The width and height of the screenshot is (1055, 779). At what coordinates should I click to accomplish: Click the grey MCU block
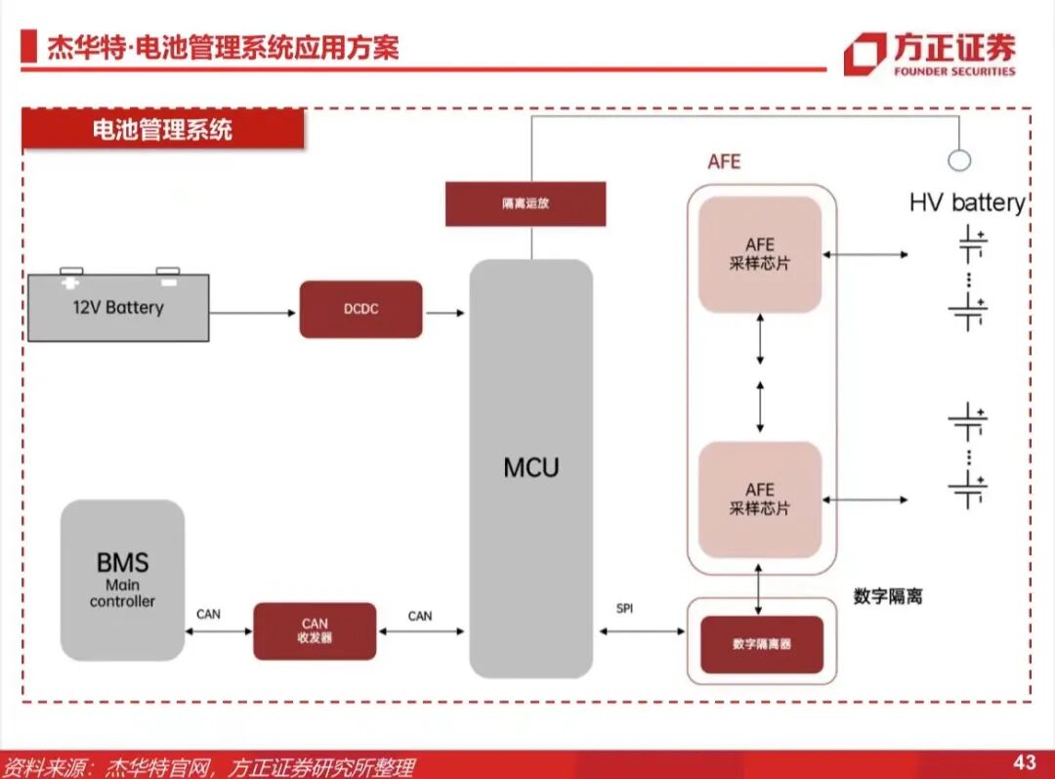[530, 469]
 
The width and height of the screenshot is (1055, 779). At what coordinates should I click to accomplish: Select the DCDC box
[360, 309]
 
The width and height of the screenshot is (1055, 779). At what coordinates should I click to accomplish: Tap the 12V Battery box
[118, 307]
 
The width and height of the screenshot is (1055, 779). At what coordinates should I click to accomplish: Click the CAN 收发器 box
[315, 630]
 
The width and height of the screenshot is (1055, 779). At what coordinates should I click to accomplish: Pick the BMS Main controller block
[122, 580]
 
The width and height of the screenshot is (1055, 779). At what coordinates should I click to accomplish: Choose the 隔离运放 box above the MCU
[526, 204]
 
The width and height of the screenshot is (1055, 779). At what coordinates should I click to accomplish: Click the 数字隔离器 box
[761, 645]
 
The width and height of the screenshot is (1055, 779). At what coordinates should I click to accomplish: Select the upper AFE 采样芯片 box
[759, 254]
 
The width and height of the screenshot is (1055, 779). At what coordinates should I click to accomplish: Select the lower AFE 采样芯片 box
[759, 499]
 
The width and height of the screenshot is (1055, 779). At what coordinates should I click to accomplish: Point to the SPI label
[624, 608]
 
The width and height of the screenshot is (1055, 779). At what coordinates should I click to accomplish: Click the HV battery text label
[966, 203]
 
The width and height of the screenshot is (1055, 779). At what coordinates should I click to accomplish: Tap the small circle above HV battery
[959, 160]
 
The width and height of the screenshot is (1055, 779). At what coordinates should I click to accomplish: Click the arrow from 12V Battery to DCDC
[253, 313]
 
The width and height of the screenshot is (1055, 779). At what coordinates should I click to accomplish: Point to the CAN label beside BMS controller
[208, 615]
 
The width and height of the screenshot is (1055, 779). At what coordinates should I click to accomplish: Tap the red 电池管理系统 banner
[162, 130]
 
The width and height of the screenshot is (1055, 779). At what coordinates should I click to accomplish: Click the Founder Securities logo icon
[864, 53]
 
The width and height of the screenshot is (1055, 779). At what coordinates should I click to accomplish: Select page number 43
[1024, 762]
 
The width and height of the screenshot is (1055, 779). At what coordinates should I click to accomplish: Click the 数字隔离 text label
[887, 596]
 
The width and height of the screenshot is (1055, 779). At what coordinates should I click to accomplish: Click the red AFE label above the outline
[724, 161]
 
